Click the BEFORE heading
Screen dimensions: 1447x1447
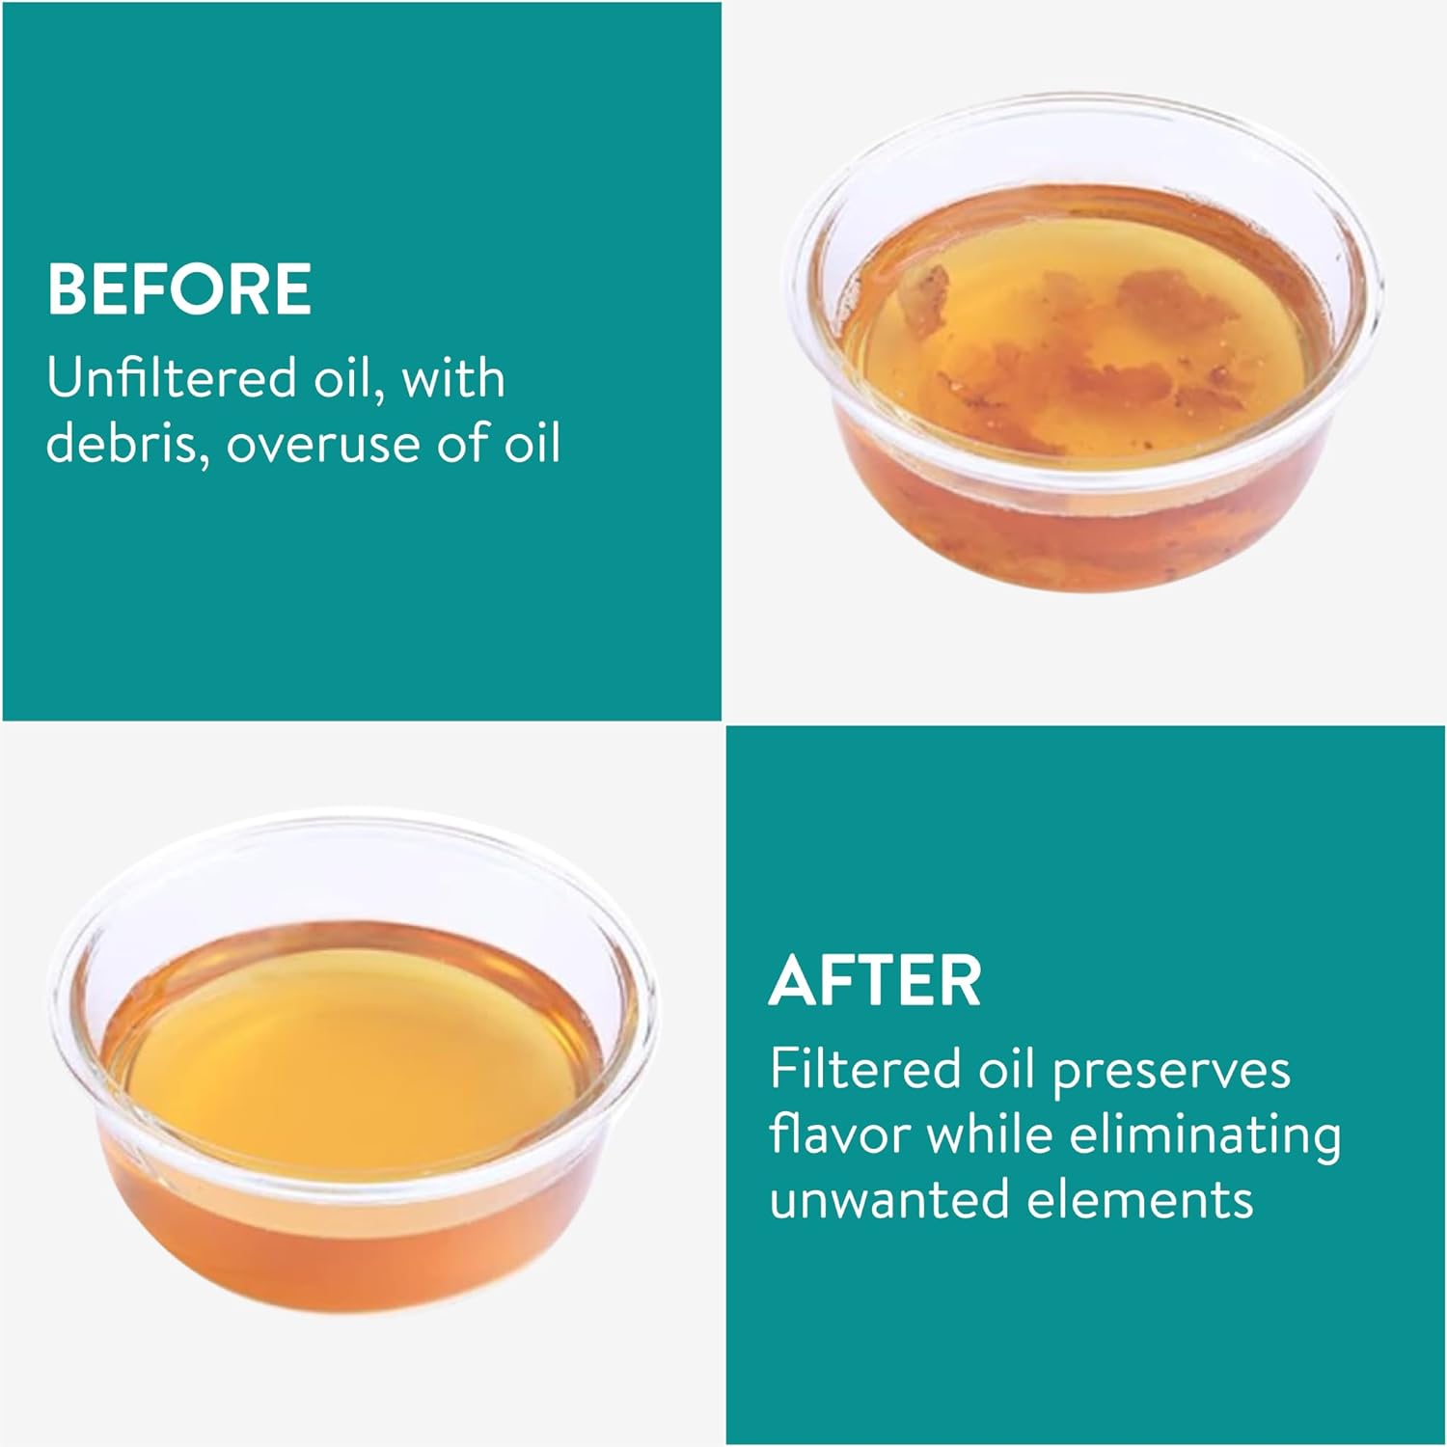[179, 288]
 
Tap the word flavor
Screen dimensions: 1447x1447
[839, 1134]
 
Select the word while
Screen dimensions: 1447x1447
[990, 1134]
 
